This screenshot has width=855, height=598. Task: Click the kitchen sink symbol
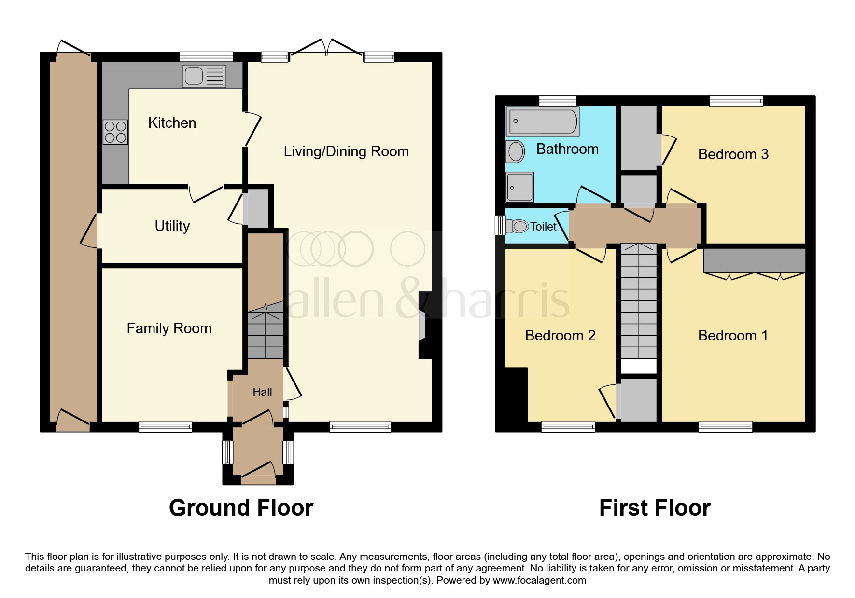point(204,76)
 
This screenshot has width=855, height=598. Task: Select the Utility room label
point(172,226)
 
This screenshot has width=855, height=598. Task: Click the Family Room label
point(169,328)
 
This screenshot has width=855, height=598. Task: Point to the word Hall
point(262,392)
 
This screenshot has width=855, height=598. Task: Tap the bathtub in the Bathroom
point(543,121)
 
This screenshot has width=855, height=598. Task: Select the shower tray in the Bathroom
point(520,187)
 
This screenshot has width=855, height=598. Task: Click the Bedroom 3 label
point(733,154)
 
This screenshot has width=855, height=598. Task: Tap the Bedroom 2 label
point(560,336)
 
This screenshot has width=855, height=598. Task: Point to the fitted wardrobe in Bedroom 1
point(754,261)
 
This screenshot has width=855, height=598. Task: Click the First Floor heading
point(655,508)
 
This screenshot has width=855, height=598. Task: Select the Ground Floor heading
point(241,508)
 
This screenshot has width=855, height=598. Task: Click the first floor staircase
point(639,304)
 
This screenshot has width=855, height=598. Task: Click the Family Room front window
point(165,426)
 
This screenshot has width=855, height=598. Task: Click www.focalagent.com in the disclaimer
point(539,580)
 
